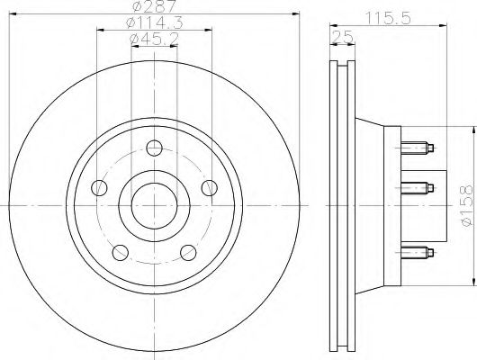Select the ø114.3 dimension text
[152, 23]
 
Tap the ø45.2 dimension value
[152, 39]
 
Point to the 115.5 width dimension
[389, 15]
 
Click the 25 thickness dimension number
[340, 35]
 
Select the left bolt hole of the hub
[99, 187]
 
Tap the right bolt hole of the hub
[210, 187]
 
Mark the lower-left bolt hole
[120, 252]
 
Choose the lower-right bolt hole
[188, 252]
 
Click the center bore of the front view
[154, 204]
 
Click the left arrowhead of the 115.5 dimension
[332, 25]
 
